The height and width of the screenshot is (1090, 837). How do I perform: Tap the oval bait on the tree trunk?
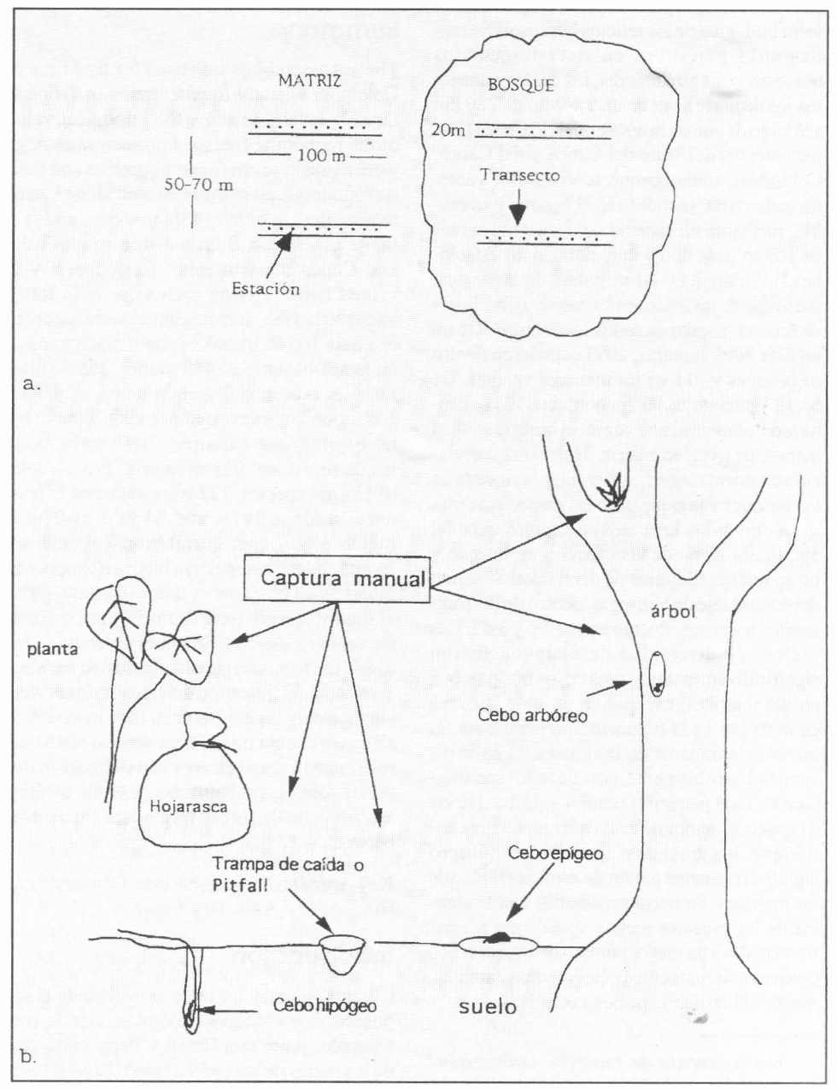pos(658,675)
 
